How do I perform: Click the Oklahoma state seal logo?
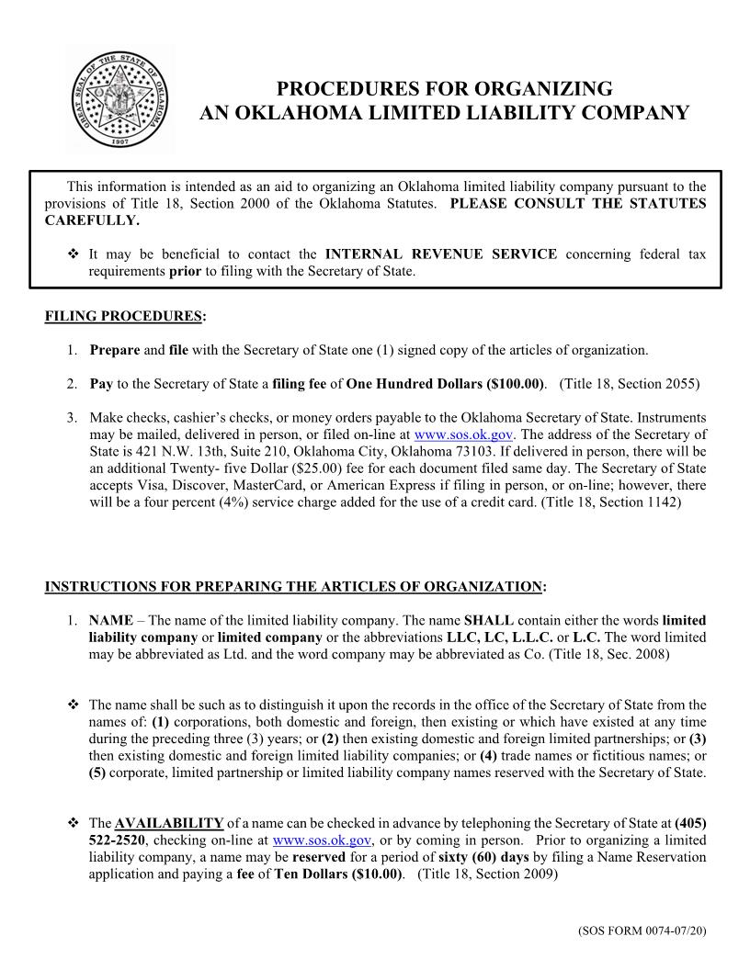tap(120, 98)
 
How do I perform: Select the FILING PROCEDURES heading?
tap(125, 317)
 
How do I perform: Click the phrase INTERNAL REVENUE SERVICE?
tap(440, 254)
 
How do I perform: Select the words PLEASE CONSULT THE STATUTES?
tap(577, 203)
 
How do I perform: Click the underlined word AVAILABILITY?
tap(169, 822)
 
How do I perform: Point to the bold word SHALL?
tap(485, 620)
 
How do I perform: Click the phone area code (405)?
tap(690, 822)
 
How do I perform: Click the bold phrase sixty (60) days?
tap(483, 857)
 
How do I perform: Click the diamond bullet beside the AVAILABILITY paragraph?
tap(73, 822)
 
